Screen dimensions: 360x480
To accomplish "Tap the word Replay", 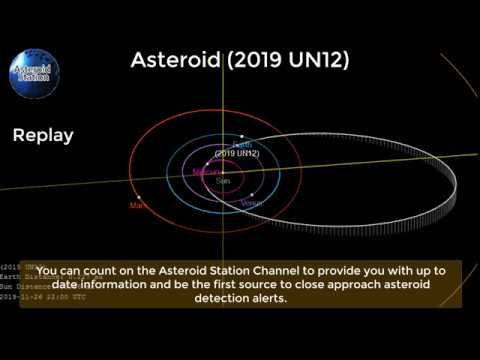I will (x=43, y=135).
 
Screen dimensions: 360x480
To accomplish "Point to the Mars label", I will (x=137, y=205).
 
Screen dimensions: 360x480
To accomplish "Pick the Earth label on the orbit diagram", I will (x=240, y=145).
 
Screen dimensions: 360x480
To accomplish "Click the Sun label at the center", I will (x=222, y=180).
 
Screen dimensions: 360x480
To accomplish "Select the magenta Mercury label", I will (x=207, y=171).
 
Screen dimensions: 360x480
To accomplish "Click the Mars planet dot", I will (x=138, y=197).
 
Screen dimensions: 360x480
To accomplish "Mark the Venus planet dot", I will (x=253, y=194).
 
